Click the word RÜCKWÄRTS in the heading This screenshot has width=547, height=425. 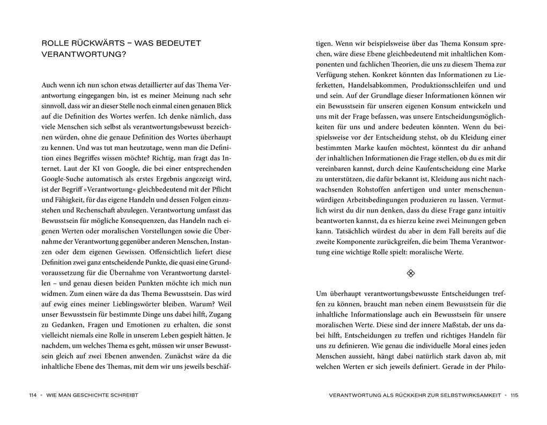[95, 43]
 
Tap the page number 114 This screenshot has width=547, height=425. [33, 395]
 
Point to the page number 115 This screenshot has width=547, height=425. [514, 395]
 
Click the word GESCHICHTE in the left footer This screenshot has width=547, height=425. [92, 395]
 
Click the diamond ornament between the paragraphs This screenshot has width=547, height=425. [411, 274]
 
